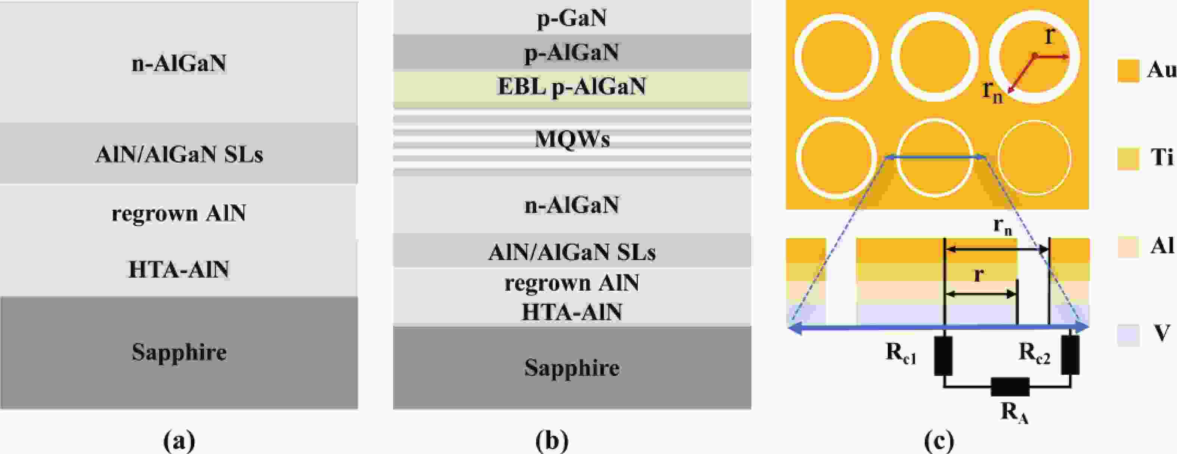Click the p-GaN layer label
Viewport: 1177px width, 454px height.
coord(572,18)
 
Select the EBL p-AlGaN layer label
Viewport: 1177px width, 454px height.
coord(572,86)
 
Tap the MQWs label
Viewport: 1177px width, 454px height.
coord(572,139)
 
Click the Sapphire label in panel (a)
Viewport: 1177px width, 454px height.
coord(179,352)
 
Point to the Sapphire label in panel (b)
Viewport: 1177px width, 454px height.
coord(572,368)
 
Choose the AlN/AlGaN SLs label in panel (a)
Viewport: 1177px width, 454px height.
coord(179,155)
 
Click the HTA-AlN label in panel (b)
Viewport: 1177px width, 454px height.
coord(572,312)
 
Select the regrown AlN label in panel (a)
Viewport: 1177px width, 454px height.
coord(179,213)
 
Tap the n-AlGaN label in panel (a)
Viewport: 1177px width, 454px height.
coord(179,63)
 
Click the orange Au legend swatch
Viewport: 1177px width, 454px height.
coord(1128,71)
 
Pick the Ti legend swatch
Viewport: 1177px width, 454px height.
coord(1128,159)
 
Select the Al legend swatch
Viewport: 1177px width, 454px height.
coord(1128,247)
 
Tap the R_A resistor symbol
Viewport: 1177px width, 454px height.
coord(1010,387)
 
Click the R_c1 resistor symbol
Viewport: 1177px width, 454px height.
coord(943,356)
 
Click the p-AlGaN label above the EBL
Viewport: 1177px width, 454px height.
coord(572,53)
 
